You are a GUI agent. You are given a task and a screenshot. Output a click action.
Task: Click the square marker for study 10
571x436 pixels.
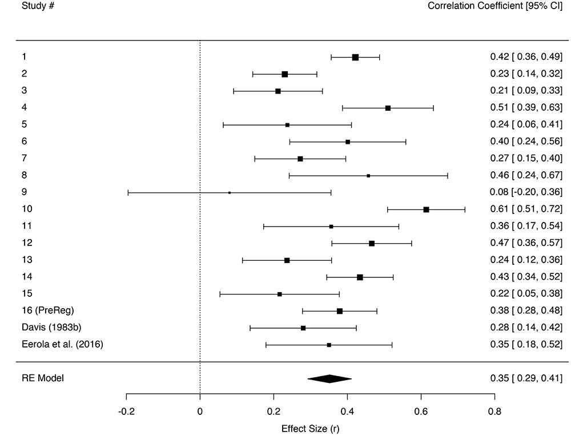pyautogui.click(x=426, y=209)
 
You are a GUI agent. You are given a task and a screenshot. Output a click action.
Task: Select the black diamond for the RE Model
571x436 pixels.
pyautogui.click(x=329, y=378)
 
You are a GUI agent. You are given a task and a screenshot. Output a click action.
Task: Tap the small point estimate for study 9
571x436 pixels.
pyautogui.click(x=230, y=193)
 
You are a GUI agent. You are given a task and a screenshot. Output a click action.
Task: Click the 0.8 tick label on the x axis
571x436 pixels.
pyautogui.click(x=494, y=410)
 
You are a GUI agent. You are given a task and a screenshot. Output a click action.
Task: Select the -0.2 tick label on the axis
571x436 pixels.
pyautogui.click(x=126, y=410)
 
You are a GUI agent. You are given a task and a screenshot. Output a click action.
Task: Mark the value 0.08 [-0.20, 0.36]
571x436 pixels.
pyautogui.click(x=526, y=192)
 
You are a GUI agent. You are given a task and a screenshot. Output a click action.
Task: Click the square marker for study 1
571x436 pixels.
pyautogui.click(x=355, y=57)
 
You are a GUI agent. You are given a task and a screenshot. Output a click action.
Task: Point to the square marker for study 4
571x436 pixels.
pyautogui.click(x=388, y=108)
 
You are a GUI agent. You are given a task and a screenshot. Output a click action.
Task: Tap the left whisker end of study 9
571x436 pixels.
pyautogui.click(x=128, y=193)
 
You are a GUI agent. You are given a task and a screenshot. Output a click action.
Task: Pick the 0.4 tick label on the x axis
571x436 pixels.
pyautogui.click(x=347, y=410)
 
